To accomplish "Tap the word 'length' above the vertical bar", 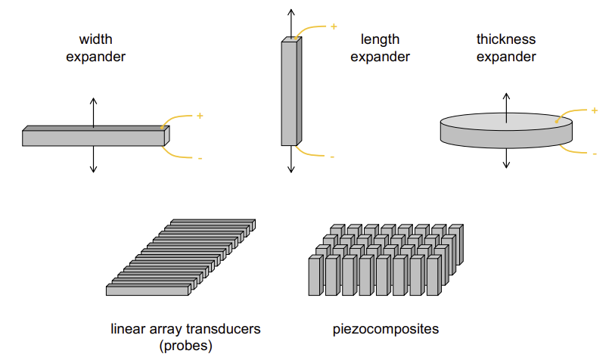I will click(x=380, y=39).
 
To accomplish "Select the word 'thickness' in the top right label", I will click(x=506, y=39).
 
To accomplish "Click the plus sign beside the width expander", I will click(x=200, y=116).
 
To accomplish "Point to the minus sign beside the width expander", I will click(x=200, y=158).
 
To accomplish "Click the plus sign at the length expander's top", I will click(x=334, y=27).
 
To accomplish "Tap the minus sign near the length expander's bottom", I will click(x=332, y=157).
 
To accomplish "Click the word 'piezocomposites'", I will click(x=386, y=329).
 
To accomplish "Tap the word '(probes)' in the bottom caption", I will click(x=186, y=346).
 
